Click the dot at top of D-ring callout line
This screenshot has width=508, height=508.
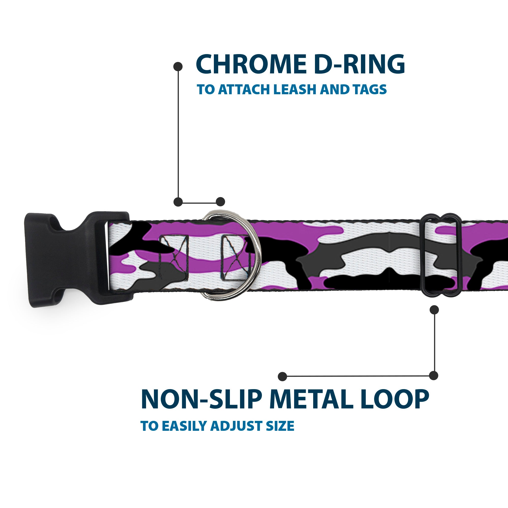(178, 67)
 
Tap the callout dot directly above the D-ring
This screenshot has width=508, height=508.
(220, 202)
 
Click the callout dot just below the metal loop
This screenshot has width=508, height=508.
(434, 310)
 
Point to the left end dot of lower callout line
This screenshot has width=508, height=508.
(282, 376)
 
